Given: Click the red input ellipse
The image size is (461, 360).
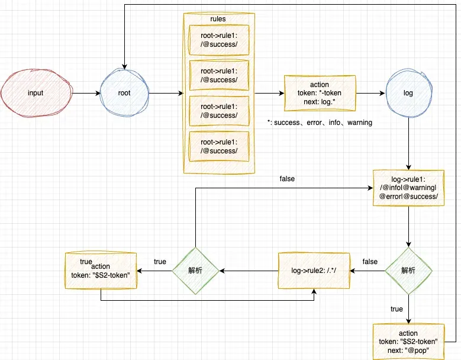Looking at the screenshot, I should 36,94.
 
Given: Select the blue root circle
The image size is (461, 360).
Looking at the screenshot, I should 124,94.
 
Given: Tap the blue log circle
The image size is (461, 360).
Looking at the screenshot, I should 408,94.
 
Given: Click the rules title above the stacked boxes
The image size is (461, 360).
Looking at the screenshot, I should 218,19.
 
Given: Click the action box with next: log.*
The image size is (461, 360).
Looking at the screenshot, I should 320,93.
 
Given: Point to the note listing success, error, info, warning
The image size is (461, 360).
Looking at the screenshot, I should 320,123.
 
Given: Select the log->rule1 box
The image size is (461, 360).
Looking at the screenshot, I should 408,188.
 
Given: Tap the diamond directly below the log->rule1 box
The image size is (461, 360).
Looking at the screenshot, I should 408,270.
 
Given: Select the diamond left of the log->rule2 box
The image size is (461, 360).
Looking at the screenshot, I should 195,270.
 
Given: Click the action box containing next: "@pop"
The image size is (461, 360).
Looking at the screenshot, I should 408,342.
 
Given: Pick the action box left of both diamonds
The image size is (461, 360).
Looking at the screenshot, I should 101,271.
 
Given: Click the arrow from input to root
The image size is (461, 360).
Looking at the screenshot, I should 85,94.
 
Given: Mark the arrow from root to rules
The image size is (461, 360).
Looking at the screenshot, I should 166,94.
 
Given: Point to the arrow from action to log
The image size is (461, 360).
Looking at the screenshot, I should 370,94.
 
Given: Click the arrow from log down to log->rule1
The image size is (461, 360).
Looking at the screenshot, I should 408,142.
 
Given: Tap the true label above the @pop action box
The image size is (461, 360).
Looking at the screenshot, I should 397,309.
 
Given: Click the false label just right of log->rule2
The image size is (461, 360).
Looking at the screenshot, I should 370,262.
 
